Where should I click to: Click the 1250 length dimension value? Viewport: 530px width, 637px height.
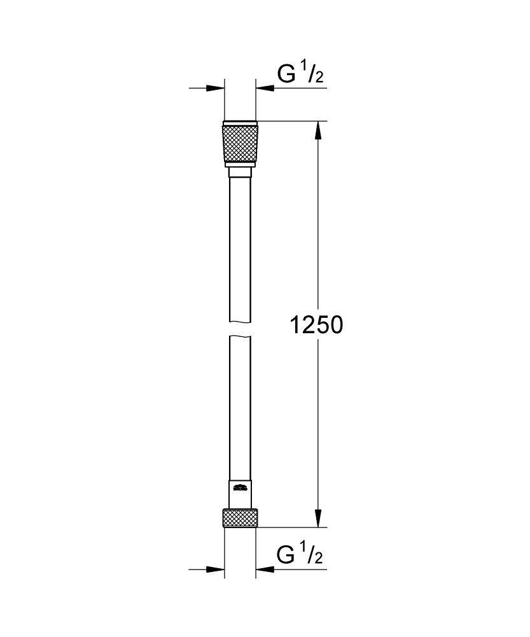316,326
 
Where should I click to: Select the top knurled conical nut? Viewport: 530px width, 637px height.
240,144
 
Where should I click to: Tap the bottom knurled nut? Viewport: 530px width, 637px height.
240,517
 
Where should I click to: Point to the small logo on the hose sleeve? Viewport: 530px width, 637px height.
240,489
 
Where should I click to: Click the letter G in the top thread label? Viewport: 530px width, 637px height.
286,75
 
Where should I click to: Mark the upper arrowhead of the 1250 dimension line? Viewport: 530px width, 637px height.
319,131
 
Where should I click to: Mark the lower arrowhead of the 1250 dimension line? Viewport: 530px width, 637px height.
319,518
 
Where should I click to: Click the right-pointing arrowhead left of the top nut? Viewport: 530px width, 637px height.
216,88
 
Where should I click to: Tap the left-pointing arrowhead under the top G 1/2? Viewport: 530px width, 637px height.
264,88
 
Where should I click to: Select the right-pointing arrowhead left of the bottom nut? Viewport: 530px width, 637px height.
216,569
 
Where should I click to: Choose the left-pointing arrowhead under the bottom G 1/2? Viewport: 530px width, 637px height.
264,569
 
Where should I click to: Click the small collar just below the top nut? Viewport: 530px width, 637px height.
240,172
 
